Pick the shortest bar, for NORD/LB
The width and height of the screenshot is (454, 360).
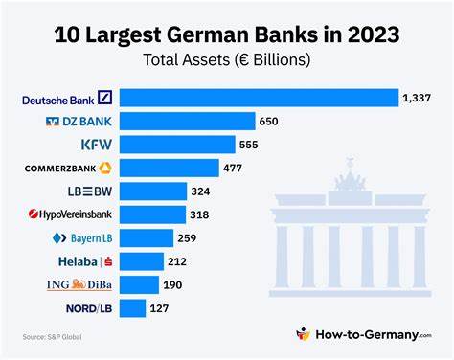coord(133,307)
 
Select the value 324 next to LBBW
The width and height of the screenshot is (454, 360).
coord(202,191)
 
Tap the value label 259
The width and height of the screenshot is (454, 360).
coord(187,237)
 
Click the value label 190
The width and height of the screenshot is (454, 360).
coord(173,284)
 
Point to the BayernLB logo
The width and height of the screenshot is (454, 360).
coord(83,237)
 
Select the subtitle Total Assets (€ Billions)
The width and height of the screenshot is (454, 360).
coord(226,59)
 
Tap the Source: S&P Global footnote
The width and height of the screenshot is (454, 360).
coord(53,336)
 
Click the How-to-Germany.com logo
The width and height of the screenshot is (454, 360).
coord(364,334)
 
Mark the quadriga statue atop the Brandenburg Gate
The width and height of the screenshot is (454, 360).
coord(350,181)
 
